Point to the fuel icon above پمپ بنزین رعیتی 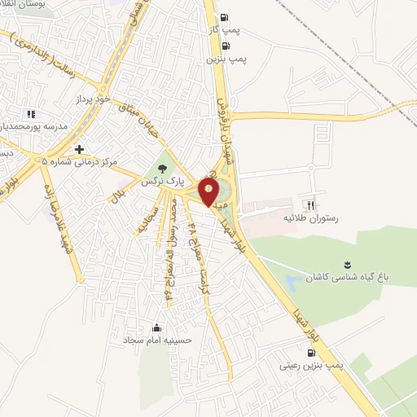click(311, 353)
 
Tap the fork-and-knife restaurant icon click(309, 205)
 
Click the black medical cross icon click(79, 149)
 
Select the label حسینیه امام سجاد click(157, 340)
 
